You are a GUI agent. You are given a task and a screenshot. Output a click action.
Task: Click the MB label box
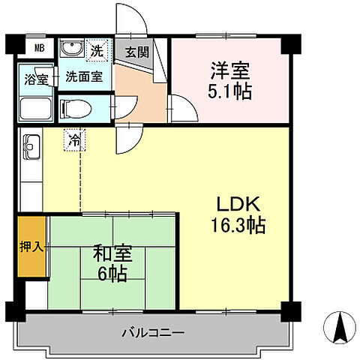39,49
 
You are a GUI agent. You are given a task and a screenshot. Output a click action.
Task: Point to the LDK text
238,204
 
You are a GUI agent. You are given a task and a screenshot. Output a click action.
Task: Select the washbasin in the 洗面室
73,49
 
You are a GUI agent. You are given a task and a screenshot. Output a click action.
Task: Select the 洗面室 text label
83,76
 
